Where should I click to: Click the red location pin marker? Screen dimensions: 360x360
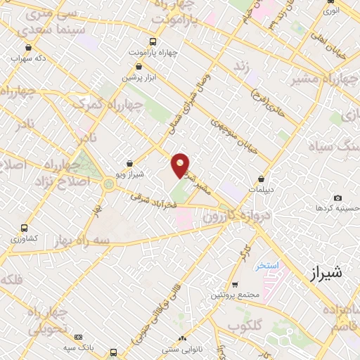click(x=181, y=165)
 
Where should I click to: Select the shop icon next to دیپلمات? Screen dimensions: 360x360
click(x=262, y=179)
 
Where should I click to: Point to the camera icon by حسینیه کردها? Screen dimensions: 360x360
click(x=337, y=198)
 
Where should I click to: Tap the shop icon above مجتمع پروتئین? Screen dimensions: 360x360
click(x=234, y=284)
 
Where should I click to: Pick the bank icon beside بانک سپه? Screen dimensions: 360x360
click(x=78, y=337)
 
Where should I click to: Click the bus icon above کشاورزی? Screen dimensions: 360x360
click(x=25, y=228)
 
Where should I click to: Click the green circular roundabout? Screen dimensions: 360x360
click(x=109, y=184)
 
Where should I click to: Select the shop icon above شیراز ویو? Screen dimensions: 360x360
click(x=129, y=164)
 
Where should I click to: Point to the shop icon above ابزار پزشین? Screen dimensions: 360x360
click(x=137, y=67)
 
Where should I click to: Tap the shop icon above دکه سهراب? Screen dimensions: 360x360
click(x=28, y=48)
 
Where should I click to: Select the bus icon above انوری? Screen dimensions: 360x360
click(x=330, y=2)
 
